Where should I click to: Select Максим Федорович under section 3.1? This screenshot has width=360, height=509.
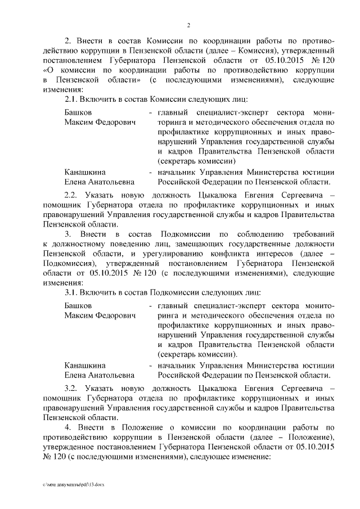pos(100,316)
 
